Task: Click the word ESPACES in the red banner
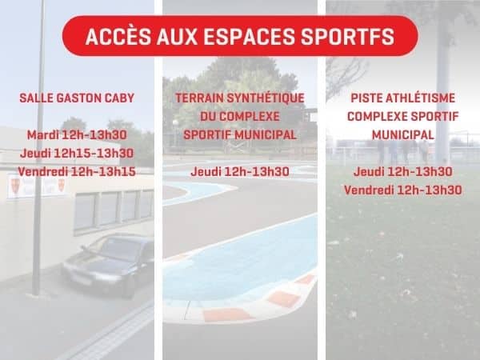coord(248,37)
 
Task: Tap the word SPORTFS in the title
coord(347,37)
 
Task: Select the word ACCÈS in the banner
coord(118,37)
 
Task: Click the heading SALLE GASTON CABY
coord(77,98)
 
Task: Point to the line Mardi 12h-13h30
coord(77,135)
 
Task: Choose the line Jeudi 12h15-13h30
coord(77,154)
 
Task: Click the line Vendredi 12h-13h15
coord(77,172)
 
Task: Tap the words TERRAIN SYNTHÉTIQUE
coord(240,98)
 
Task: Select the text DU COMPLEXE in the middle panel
coord(240,117)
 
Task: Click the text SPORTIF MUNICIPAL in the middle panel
coord(240,135)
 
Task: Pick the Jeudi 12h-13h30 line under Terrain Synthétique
coord(240,172)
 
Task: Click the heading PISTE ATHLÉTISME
coord(403,98)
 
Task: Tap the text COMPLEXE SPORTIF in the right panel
coord(403,117)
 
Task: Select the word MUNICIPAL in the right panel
coord(403,135)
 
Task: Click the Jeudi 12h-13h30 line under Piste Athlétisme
coord(403,172)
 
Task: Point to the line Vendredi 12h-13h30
coord(403,190)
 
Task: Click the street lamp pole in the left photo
coord(38,147)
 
